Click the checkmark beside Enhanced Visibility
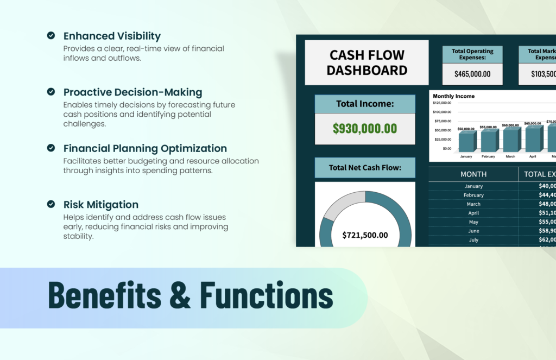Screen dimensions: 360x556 tap(51, 35)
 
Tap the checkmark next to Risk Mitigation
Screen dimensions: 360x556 tap(51, 204)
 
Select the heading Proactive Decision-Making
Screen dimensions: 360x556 tap(132, 92)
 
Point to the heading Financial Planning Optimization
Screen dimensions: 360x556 tap(145, 148)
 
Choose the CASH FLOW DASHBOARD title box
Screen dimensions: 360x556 tap(367, 62)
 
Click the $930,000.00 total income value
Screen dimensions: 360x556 tap(365, 129)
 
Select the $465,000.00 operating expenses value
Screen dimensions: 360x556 tap(472, 74)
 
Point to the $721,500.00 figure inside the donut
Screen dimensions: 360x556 tap(365, 235)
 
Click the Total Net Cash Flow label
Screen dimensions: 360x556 tap(365, 168)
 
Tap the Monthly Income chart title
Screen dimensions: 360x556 tap(453, 96)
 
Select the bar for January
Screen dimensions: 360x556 tap(466, 142)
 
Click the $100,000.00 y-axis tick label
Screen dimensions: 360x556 tap(442, 112)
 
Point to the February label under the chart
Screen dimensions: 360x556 tap(488, 156)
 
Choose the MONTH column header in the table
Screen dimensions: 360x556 tap(473, 174)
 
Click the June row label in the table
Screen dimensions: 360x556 tap(473, 231)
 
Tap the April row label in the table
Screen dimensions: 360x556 tap(473, 213)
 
